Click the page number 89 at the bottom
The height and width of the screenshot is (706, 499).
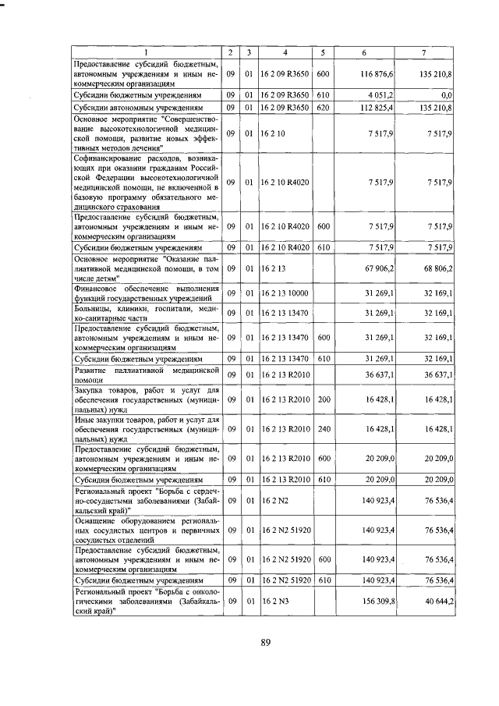tap(265, 643)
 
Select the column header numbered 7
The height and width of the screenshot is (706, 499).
tap(423, 52)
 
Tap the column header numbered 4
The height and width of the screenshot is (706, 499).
tap(286, 52)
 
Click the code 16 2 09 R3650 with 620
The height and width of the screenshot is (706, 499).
tap(285, 107)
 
